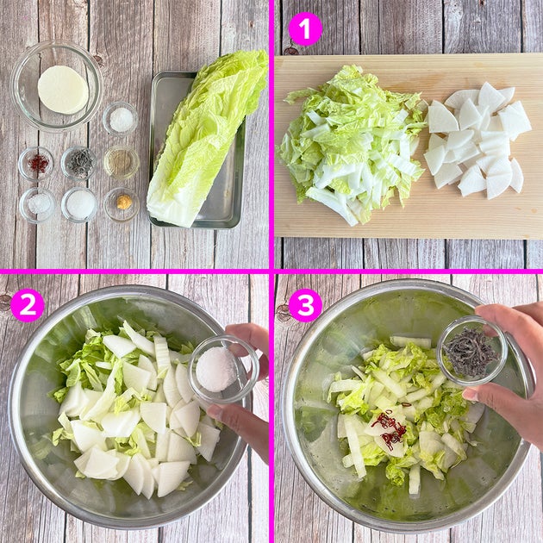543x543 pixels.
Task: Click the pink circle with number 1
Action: coord(305,28)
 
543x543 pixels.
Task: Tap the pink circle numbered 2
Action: coord(28,305)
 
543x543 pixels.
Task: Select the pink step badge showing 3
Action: coord(305,305)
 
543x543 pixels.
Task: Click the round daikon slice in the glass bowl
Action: coord(63,90)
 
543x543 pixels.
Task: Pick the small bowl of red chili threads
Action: coord(36,164)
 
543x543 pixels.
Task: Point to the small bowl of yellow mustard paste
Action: coord(122,204)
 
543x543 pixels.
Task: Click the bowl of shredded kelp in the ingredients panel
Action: coord(79,164)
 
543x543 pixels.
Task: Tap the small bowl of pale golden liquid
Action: coord(122,163)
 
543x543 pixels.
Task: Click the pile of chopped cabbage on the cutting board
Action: coord(352,144)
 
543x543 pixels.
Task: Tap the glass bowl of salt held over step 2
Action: coord(223,370)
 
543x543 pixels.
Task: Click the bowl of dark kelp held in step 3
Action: coord(472,351)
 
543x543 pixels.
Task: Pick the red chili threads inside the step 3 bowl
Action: coord(390,426)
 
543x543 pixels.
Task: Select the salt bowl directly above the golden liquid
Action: coord(121,120)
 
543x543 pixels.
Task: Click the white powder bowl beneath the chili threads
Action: coord(37,205)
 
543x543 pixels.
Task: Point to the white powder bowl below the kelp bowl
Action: coord(79,205)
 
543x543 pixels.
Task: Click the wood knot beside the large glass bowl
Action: coord(98,60)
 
